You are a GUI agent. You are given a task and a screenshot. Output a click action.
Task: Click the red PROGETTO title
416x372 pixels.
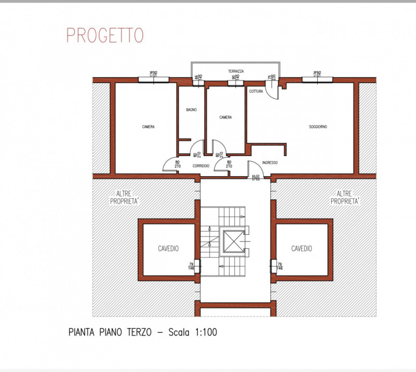click(x=105, y=35)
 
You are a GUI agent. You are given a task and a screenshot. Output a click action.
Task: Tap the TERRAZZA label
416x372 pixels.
click(x=236, y=71)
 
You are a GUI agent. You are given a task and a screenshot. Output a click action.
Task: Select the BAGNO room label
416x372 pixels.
click(x=191, y=110)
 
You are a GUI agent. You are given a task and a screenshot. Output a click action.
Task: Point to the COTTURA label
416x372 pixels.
click(x=256, y=92)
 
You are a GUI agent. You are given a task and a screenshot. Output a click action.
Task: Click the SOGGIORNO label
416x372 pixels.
click(x=318, y=126)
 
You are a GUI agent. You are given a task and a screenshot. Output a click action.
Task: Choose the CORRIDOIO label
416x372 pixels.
click(x=201, y=166)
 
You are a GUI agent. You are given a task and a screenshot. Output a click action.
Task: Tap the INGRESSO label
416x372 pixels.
click(x=270, y=162)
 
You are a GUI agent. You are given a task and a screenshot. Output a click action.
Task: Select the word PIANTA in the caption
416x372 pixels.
click(x=82, y=332)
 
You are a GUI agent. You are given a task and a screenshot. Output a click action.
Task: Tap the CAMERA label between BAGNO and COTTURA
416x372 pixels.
click(x=225, y=118)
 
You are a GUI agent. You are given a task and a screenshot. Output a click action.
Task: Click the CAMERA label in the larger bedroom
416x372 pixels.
click(x=148, y=127)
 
